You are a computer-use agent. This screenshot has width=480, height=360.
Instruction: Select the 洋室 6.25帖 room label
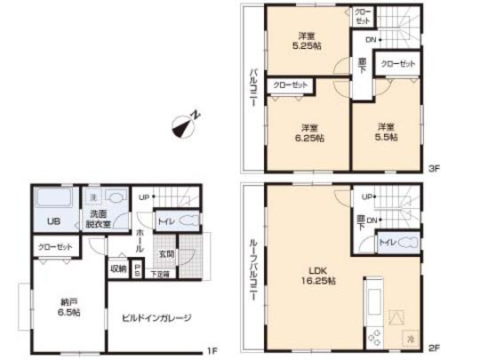310,132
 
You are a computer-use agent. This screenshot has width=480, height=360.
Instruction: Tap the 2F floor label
433,350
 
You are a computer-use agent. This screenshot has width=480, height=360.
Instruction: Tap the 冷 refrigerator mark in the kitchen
409,338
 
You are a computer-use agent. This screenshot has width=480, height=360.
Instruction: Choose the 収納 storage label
118,267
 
